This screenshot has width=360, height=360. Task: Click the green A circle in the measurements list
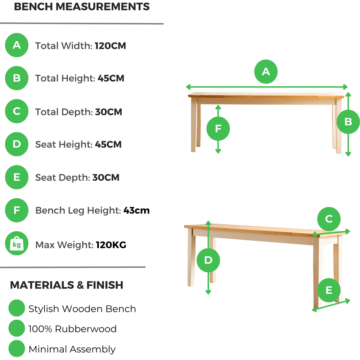17,45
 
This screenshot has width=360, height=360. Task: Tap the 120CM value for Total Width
110,46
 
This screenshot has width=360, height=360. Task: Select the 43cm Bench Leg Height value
136,210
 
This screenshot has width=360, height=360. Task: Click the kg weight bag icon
17,243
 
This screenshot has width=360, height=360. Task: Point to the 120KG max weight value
111,245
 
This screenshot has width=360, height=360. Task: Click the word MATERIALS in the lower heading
42,285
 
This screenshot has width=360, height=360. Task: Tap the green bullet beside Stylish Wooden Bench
17,308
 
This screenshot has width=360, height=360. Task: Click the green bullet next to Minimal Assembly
17,348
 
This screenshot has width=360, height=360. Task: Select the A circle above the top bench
266,72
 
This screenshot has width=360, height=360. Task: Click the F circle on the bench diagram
218,129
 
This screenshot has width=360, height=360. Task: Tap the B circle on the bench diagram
348,122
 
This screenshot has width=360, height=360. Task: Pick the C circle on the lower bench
329,219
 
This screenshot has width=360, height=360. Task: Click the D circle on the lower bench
208,260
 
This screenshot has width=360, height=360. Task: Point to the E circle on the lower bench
329,290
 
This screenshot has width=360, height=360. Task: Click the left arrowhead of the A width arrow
188,87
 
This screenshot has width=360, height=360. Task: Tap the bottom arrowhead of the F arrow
218,151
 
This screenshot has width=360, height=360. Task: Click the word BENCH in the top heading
33,6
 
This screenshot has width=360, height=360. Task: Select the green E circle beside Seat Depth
17,177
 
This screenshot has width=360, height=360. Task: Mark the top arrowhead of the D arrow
208,223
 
